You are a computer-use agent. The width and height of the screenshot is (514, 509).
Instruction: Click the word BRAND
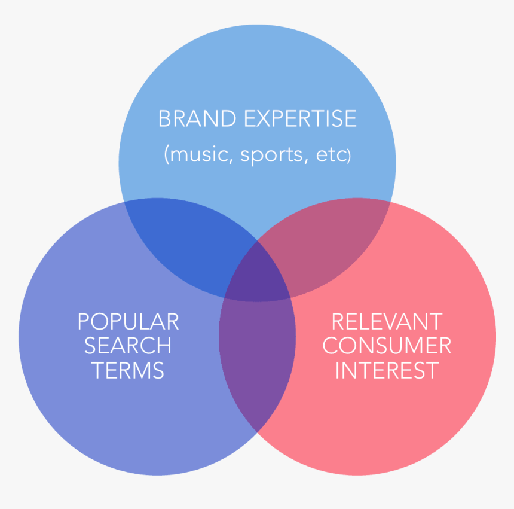pos(197,118)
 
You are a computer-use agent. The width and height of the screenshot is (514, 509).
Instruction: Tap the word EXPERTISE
pos(300,118)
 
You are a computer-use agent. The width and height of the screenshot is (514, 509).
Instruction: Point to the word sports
pos(271,156)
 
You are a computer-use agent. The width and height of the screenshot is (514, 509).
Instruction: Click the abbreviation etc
pos(331,155)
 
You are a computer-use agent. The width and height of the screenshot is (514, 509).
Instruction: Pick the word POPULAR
pos(128,322)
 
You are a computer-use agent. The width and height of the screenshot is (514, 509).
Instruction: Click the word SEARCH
pos(128,346)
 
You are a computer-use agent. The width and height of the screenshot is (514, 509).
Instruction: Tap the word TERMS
pos(128,370)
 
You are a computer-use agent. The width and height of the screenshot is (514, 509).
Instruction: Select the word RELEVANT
pos(387,322)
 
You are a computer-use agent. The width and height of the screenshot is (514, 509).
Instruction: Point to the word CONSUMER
pos(387,346)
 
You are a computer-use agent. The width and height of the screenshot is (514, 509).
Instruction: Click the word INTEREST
pos(387,370)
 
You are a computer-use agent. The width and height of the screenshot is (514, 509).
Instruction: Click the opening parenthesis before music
pos(167,154)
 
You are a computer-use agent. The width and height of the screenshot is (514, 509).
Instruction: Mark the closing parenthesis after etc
pos(349,155)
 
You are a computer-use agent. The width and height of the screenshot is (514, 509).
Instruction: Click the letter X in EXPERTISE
pos(264,118)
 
